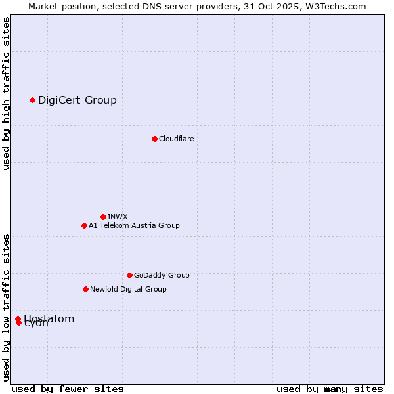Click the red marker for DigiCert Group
pyautogui.click(x=32, y=100)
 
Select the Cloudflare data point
pyautogui.click(x=154, y=139)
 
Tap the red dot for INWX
pyautogui.click(x=103, y=217)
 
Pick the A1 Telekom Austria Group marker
pyautogui.click(x=84, y=225)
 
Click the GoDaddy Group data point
pyautogui.click(x=129, y=275)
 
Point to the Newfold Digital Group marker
pyautogui.click(x=85, y=289)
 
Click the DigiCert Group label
pyautogui.click(x=77, y=100)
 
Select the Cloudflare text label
pyautogui.click(x=176, y=139)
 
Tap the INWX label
pyautogui.click(x=118, y=217)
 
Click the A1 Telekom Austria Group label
pyautogui.click(x=134, y=225)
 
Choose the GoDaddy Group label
pyautogui.click(x=162, y=275)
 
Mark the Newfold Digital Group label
pyautogui.click(x=128, y=289)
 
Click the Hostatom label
pyautogui.click(x=49, y=318)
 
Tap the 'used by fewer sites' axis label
pyautogui.click(x=68, y=389)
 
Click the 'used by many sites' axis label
pyautogui.click(x=330, y=389)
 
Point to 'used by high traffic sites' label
pyautogui.click(x=6, y=94)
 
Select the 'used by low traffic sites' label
pyautogui.click(x=6, y=307)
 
